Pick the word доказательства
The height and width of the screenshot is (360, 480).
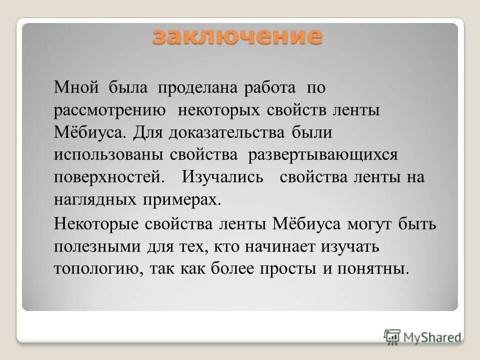tap(227, 133)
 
